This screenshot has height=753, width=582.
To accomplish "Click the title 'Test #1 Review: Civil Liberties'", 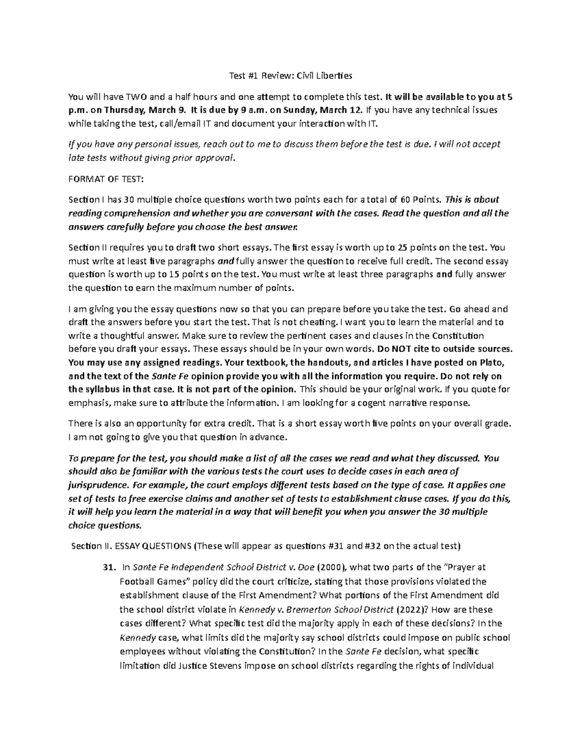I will pos(291,76).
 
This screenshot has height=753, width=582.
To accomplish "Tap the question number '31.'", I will pos(110,567).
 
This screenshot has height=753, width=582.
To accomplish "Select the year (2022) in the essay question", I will pos(410,609).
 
